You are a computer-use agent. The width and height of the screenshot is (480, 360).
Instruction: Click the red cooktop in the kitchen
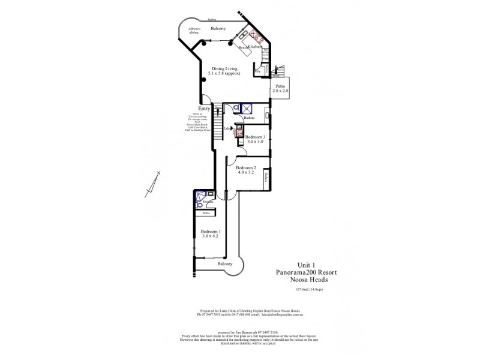[257, 36]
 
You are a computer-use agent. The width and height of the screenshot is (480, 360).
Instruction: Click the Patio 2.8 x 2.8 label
[280, 88]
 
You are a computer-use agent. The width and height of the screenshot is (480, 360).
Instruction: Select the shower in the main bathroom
[245, 109]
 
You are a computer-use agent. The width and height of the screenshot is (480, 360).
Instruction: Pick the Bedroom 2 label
[246, 169]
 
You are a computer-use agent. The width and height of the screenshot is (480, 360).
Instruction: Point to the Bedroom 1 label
[211, 233]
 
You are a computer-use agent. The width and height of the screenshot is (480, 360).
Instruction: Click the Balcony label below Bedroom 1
[224, 264]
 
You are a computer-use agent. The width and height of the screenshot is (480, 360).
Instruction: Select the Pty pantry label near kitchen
[257, 71]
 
